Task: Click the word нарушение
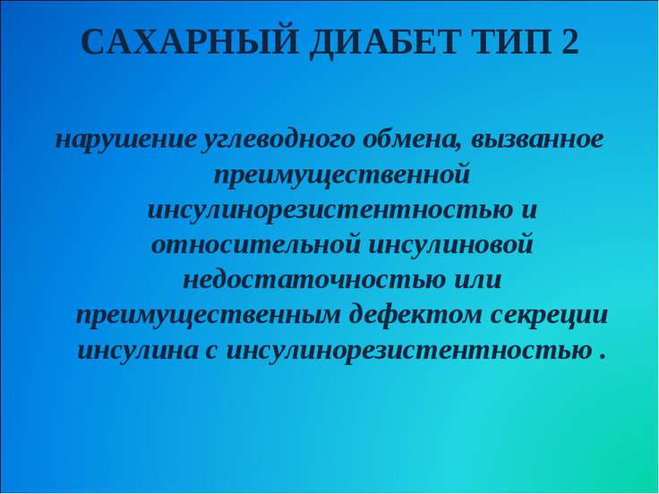[x=125, y=140]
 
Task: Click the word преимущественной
[x=341, y=175]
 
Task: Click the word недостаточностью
[x=314, y=279]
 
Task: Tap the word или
[x=477, y=280]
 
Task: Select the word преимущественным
[x=208, y=316]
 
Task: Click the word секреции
[x=549, y=316]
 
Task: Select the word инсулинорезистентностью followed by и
[x=330, y=210]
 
